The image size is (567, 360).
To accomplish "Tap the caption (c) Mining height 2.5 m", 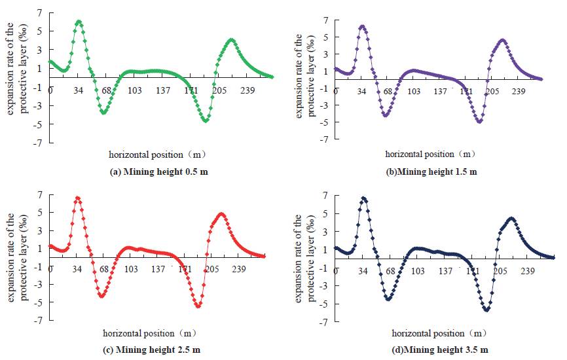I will coord(152,349).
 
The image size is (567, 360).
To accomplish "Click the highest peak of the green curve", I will coord(79,22).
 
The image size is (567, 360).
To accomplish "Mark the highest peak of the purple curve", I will coord(362,27).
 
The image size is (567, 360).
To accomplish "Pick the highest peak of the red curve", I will coord(77,198).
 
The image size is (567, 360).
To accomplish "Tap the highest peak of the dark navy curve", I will coord(363,198).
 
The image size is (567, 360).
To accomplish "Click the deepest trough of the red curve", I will coord(198,305).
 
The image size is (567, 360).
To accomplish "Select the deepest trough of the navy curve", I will coord(486,310).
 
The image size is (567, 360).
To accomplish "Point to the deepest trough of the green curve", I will coord(206,120).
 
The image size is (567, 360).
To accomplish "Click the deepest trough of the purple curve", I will coord(479,121).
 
